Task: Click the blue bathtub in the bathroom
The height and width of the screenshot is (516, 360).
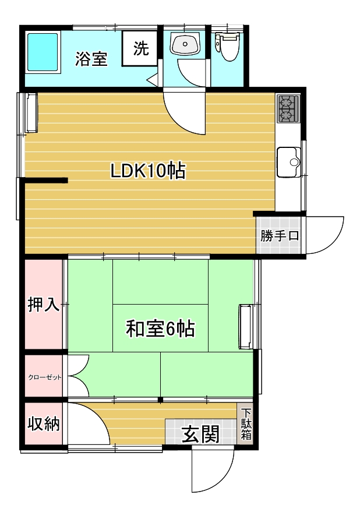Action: coord(43,52)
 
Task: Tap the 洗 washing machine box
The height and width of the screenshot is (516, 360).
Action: coord(140,49)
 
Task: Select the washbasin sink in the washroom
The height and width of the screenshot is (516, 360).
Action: coord(185,45)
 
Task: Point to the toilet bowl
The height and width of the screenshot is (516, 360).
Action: coord(228,47)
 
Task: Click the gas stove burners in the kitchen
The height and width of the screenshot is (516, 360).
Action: coord(288,108)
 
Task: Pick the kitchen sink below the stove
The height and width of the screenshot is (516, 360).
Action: coord(288,162)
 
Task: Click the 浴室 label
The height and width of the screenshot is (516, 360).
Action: coord(91,59)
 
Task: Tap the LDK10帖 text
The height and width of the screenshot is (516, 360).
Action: coord(148,171)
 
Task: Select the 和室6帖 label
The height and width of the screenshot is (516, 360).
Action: coord(160,328)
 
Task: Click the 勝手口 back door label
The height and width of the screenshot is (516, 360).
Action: coord(280,236)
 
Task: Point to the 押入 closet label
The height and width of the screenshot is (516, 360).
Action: coord(44,304)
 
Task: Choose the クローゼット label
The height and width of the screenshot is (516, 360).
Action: coord(45,377)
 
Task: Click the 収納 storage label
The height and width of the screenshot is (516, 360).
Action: coord(44,423)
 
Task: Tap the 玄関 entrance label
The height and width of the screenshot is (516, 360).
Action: coord(201,434)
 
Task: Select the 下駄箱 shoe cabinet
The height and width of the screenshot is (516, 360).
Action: coord(246,424)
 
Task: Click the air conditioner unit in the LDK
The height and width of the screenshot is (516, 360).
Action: coord(31,113)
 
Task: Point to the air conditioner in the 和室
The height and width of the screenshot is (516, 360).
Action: coord(245,327)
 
